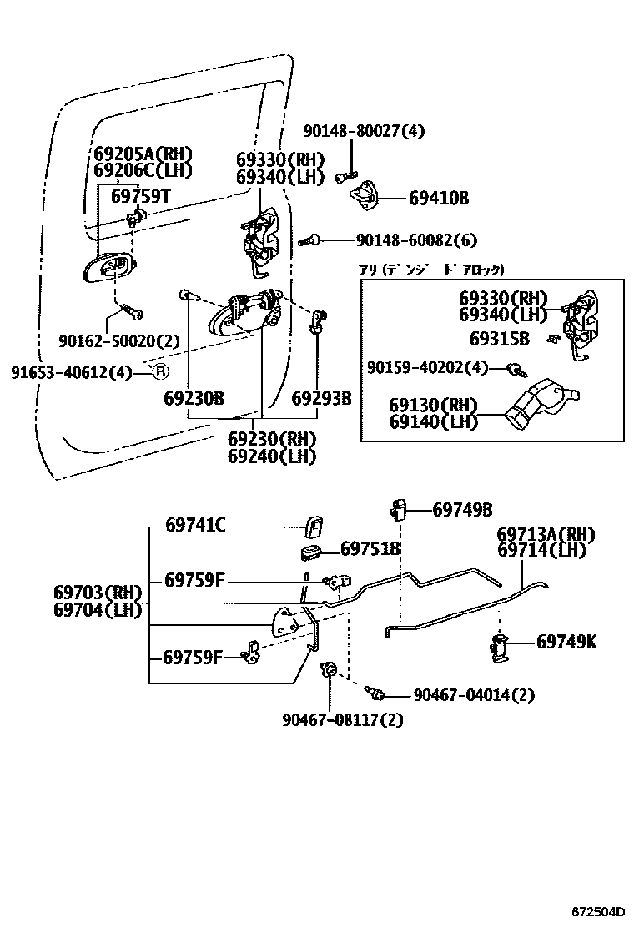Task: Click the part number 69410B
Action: click(x=439, y=199)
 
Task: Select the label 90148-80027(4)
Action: click(x=364, y=131)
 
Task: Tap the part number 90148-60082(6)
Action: click(x=416, y=240)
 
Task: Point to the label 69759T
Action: click(x=141, y=196)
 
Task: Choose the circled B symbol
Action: click(x=161, y=372)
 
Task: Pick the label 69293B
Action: click(x=321, y=399)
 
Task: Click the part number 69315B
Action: click(x=500, y=338)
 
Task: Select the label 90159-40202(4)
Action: click(x=428, y=367)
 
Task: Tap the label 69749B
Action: click(x=462, y=509)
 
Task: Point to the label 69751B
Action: click(x=371, y=549)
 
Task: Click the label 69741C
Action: click(x=195, y=525)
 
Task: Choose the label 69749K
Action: click(x=566, y=642)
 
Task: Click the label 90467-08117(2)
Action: click(x=331, y=719)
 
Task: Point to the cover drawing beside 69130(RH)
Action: click(x=537, y=405)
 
